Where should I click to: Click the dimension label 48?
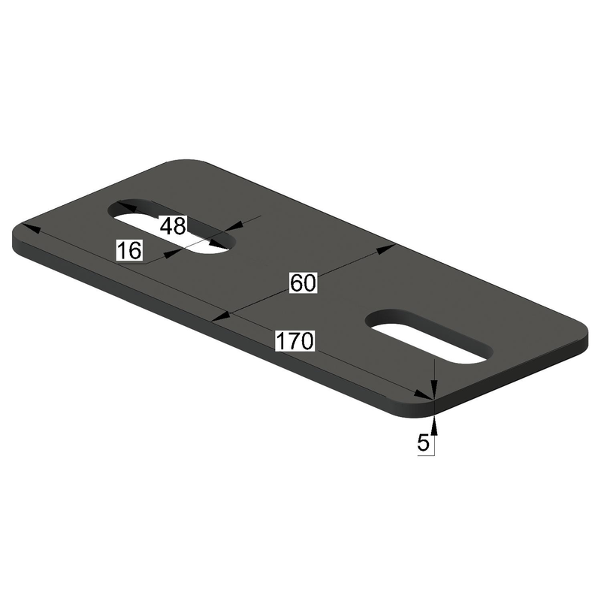pos(172,226)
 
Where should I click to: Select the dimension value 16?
pos(129,250)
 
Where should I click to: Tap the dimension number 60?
pos(304,282)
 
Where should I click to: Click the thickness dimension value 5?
pos(423,443)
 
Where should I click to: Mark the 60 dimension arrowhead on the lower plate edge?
pos(221,318)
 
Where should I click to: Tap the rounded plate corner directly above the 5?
pos(421,406)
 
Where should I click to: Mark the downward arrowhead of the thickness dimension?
pos(435,389)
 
